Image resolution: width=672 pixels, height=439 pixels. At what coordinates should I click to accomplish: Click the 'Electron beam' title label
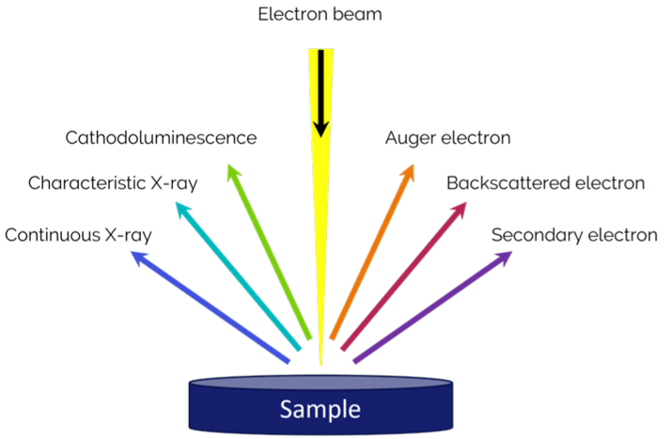tap(320, 14)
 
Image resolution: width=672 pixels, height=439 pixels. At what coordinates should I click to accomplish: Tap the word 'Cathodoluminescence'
tap(161, 137)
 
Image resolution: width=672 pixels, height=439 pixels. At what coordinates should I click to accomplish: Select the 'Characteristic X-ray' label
tap(113, 183)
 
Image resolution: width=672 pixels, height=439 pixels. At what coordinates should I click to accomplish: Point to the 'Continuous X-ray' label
tap(78, 235)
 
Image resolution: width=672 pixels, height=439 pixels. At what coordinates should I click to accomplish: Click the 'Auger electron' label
tap(448, 138)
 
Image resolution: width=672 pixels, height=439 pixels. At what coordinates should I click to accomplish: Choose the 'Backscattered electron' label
tap(545, 183)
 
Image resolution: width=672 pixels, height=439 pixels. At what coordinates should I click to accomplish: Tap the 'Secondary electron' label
tap(574, 235)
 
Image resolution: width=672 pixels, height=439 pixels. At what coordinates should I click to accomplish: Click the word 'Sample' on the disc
tap(320, 409)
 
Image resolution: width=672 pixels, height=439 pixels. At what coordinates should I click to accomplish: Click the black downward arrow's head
tap(321, 129)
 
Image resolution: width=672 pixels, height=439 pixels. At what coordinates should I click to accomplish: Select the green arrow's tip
tap(229, 165)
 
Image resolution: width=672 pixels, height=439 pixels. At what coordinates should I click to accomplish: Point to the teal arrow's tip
tap(177, 203)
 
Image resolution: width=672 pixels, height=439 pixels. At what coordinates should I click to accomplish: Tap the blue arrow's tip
tap(132, 252)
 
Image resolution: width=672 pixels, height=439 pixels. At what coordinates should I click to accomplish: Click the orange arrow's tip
tap(413, 165)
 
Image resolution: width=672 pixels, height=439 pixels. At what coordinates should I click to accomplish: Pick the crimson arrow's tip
tap(465, 203)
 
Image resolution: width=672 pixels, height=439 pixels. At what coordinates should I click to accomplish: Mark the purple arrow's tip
tap(511, 252)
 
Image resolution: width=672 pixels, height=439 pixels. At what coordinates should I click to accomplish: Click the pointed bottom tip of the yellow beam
tap(321, 366)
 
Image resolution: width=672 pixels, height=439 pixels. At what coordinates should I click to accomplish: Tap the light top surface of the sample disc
tap(320, 382)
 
